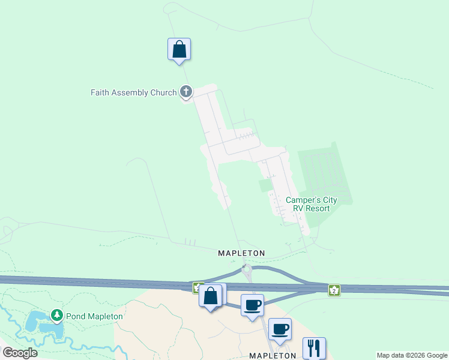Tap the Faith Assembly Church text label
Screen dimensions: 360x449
click(x=133, y=92)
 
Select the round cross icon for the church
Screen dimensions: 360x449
click(x=186, y=92)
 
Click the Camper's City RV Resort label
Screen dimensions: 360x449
click(x=311, y=204)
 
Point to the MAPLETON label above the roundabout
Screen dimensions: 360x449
click(x=241, y=253)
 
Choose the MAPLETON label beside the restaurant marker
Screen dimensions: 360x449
click(x=273, y=355)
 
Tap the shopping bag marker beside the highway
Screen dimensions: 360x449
click(x=210, y=296)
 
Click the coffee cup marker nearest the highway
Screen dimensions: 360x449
click(x=252, y=305)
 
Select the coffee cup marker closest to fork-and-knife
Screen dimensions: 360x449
click(x=280, y=329)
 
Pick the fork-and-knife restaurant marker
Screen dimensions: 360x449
click(x=314, y=348)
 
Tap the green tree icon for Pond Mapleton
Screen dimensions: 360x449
click(x=56, y=314)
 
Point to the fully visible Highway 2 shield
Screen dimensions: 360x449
click(x=334, y=290)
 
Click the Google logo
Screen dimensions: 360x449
click(x=20, y=353)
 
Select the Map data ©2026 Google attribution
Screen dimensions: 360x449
click(x=412, y=355)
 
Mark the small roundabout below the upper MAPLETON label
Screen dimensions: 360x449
click(x=246, y=269)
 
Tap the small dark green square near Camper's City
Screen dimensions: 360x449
click(x=265, y=185)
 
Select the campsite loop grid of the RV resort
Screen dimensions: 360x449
click(x=325, y=171)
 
